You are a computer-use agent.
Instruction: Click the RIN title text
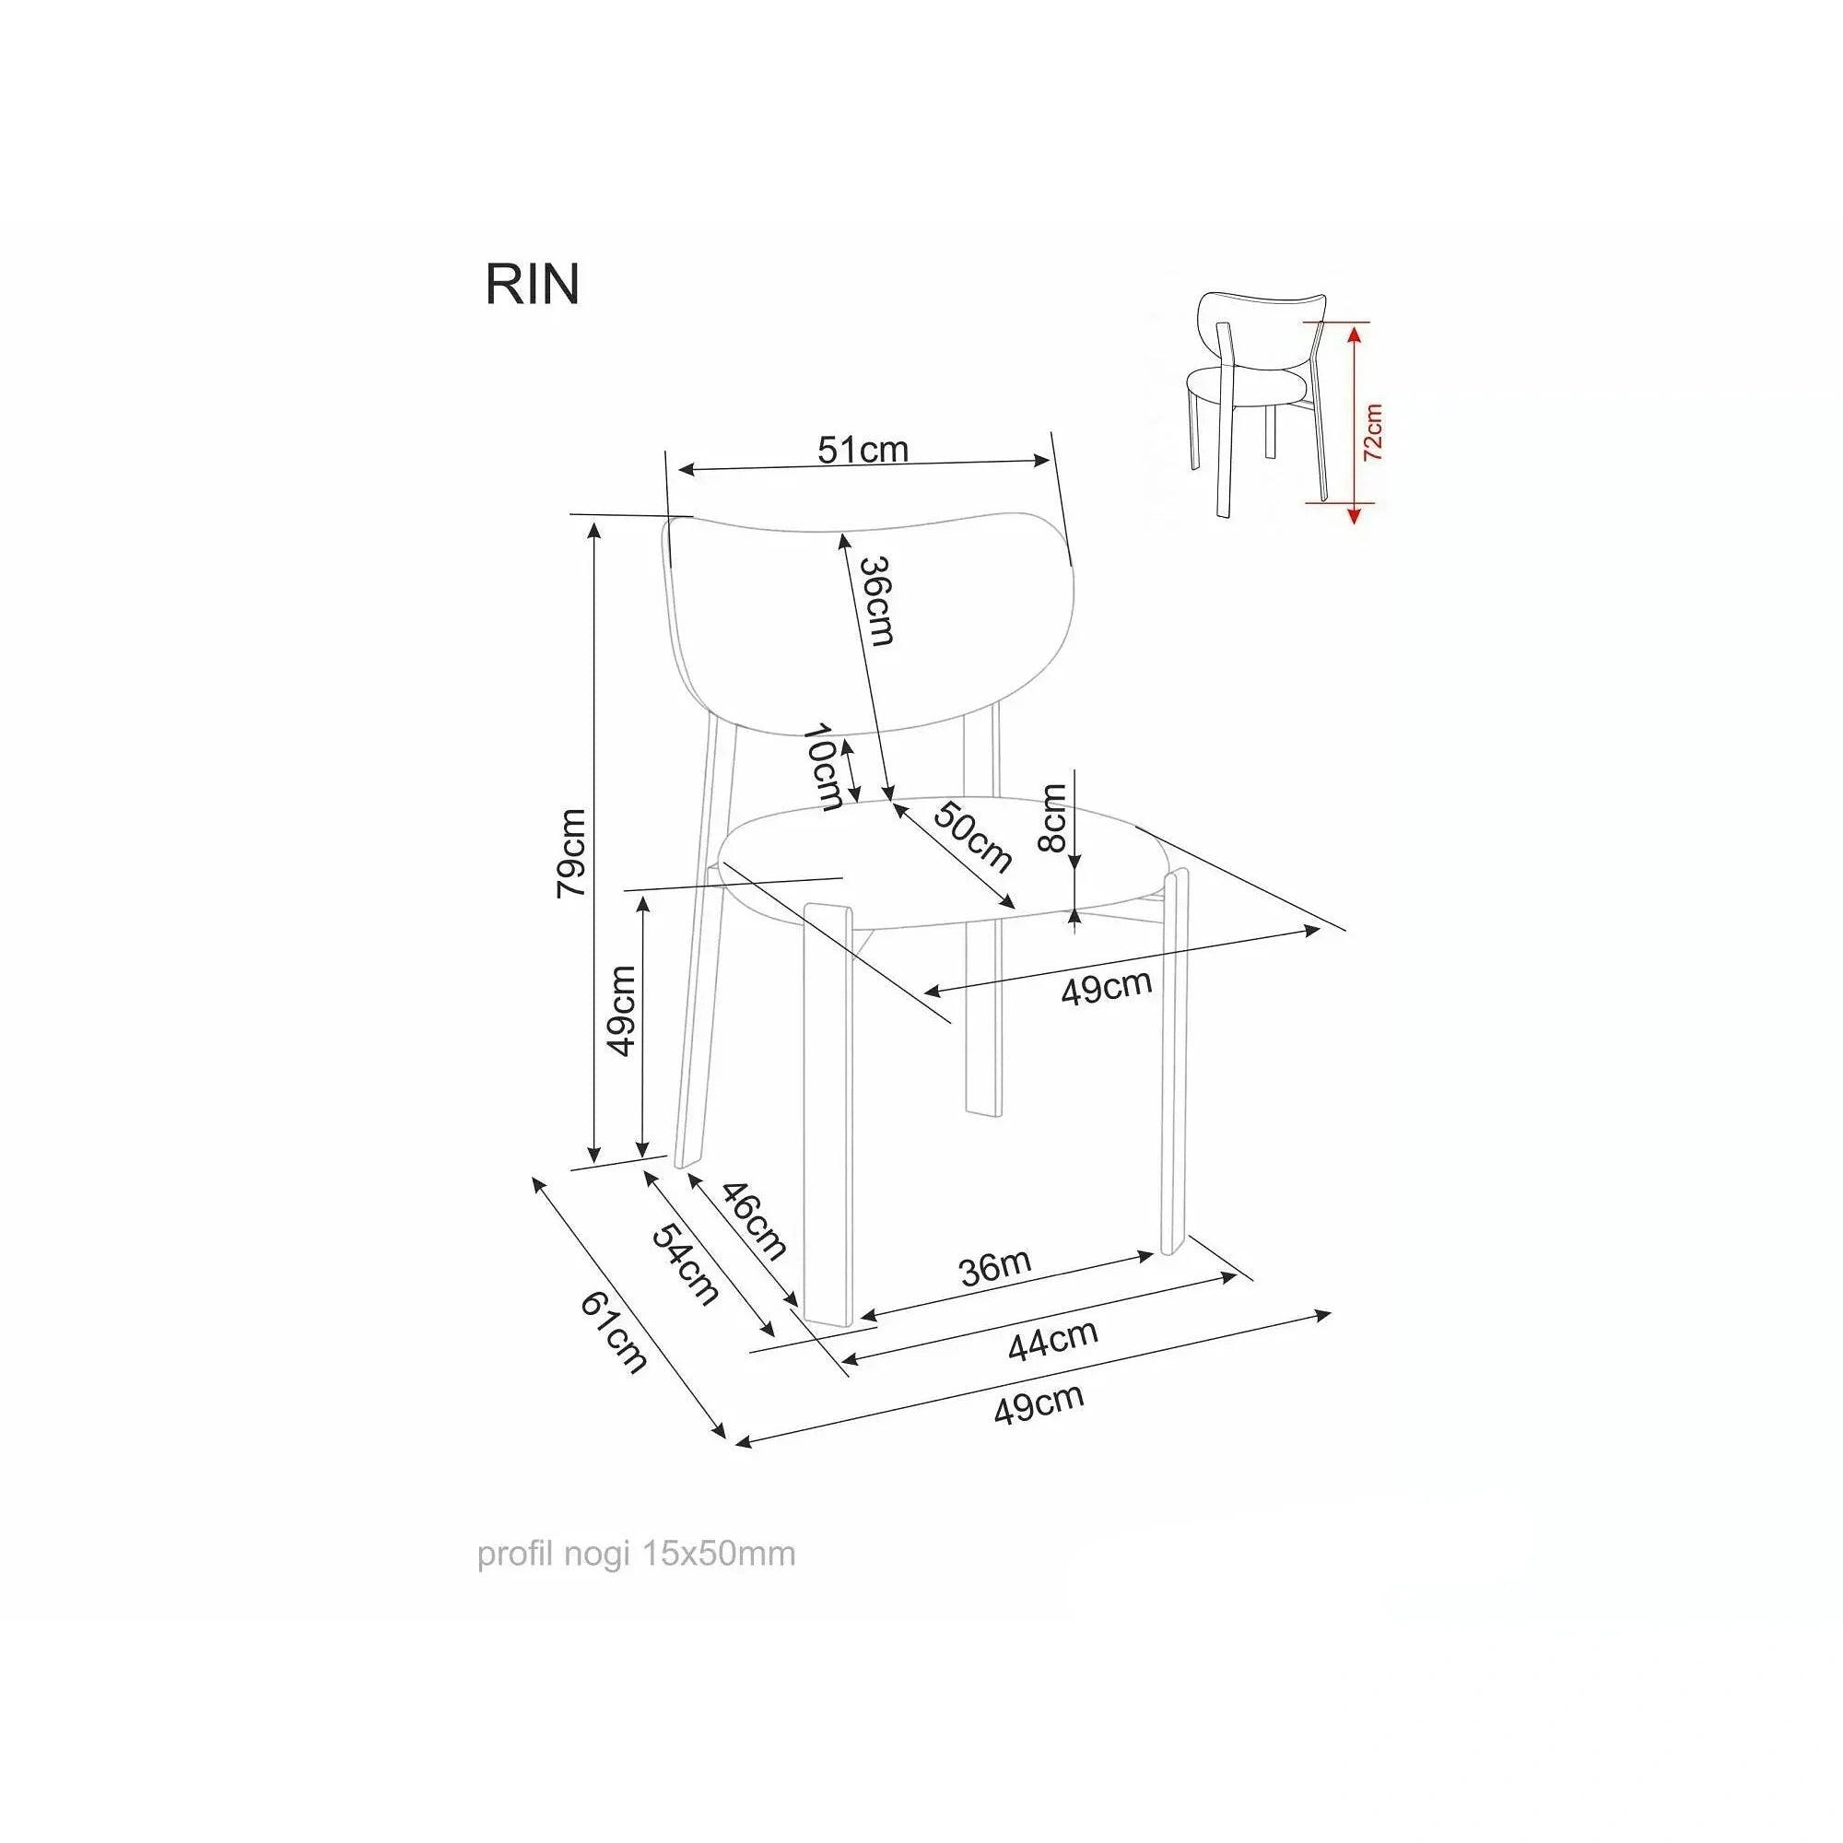coord(533,284)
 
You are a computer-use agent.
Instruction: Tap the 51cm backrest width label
coord(863,450)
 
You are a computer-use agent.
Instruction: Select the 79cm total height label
coord(571,851)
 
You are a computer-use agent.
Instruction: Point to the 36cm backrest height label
coord(876,601)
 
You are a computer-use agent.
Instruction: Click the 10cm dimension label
coord(822,767)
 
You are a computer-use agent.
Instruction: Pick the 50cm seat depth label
coord(971,838)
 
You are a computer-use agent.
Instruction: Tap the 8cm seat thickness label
coord(1053,817)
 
